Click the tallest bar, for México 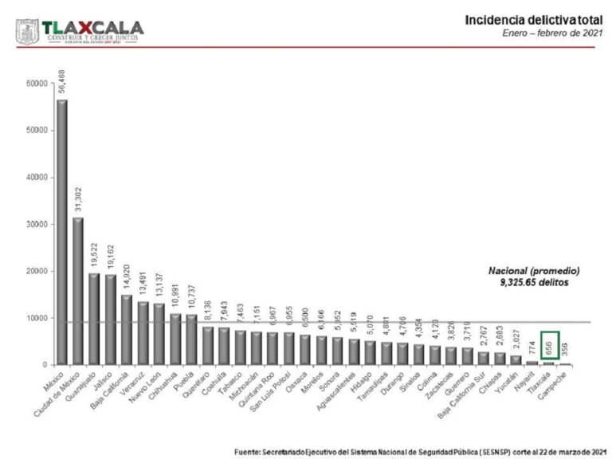(x=61, y=232)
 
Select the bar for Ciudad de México (x=78, y=291)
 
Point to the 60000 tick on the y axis (x=36, y=84)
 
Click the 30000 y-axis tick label (x=36, y=224)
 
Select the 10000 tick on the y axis (x=36, y=318)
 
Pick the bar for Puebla (x=191, y=339)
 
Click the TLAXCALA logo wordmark (x=92, y=26)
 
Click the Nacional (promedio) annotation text (x=534, y=271)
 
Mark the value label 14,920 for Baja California (x=127, y=278)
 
